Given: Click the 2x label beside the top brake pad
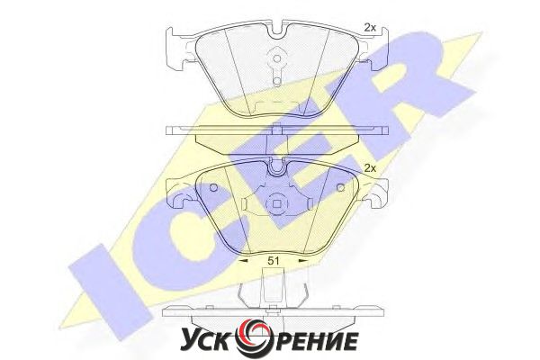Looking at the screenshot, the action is tap(370, 28).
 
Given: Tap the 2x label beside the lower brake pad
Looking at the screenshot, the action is tap(370, 168).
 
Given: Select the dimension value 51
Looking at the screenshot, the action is tap(274, 261).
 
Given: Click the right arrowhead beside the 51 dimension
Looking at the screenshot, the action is tap(303, 261).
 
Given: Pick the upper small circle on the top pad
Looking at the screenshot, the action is tap(276, 58).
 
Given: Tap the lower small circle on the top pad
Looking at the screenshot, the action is tap(276, 81).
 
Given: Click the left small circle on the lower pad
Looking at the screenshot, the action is tap(213, 188).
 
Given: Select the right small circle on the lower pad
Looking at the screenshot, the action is tap(341, 188).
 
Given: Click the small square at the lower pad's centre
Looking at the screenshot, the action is tap(276, 204).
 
